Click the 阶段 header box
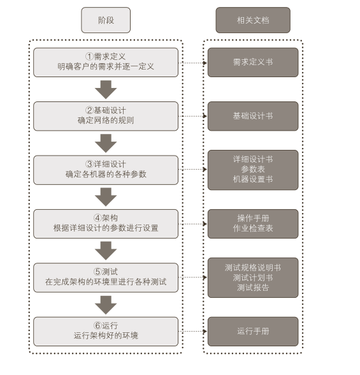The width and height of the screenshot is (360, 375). tap(106, 20)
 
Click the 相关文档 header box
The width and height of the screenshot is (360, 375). tap(252, 20)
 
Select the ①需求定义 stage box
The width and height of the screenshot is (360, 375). tap(106, 62)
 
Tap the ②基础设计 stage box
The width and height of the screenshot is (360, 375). tap(106, 115)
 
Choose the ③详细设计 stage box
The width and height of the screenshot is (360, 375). tap(106, 169)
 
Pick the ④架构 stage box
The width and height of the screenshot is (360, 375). tap(106, 223)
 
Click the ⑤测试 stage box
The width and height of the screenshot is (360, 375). tap(106, 277)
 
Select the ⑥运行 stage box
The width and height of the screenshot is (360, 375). tap(106, 330)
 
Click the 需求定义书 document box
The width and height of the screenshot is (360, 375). tap(252, 62)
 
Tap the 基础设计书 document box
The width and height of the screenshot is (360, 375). tap(252, 116)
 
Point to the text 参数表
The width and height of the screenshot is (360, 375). tap(253, 169)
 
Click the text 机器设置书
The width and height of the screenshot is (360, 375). tap(253, 179)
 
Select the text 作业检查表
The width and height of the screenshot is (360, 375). tap(253, 228)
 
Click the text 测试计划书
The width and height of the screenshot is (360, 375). tap(253, 277)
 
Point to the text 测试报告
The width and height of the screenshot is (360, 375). tap(253, 288)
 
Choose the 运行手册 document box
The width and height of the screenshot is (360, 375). tap(252, 331)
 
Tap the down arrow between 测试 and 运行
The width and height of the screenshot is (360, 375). tap(106, 304)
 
